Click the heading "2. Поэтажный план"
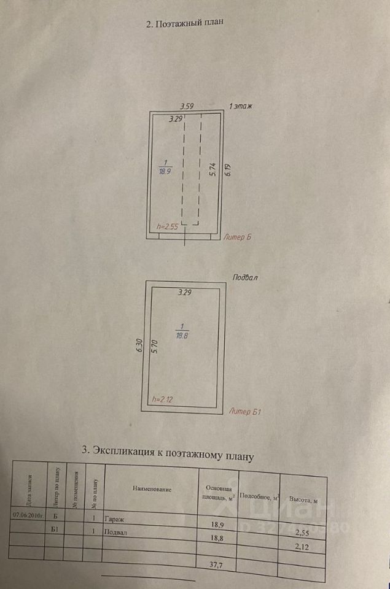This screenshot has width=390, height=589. (x=184, y=24)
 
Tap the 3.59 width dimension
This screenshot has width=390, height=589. (x=186, y=107)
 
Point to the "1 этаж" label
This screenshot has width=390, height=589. (x=241, y=106)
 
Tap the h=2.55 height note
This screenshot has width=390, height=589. (x=167, y=226)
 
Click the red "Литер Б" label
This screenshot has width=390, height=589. (x=238, y=236)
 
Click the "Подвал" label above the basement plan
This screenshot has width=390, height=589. (x=245, y=277)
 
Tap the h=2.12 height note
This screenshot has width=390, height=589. (x=162, y=399)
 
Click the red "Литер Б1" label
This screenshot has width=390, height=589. (x=244, y=411)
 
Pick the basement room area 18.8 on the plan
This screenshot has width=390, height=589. (x=182, y=336)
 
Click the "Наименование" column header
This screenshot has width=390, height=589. (x=152, y=489)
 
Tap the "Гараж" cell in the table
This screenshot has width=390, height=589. (x=114, y=518)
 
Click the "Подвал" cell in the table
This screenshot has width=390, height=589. (x=116, y=533)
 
